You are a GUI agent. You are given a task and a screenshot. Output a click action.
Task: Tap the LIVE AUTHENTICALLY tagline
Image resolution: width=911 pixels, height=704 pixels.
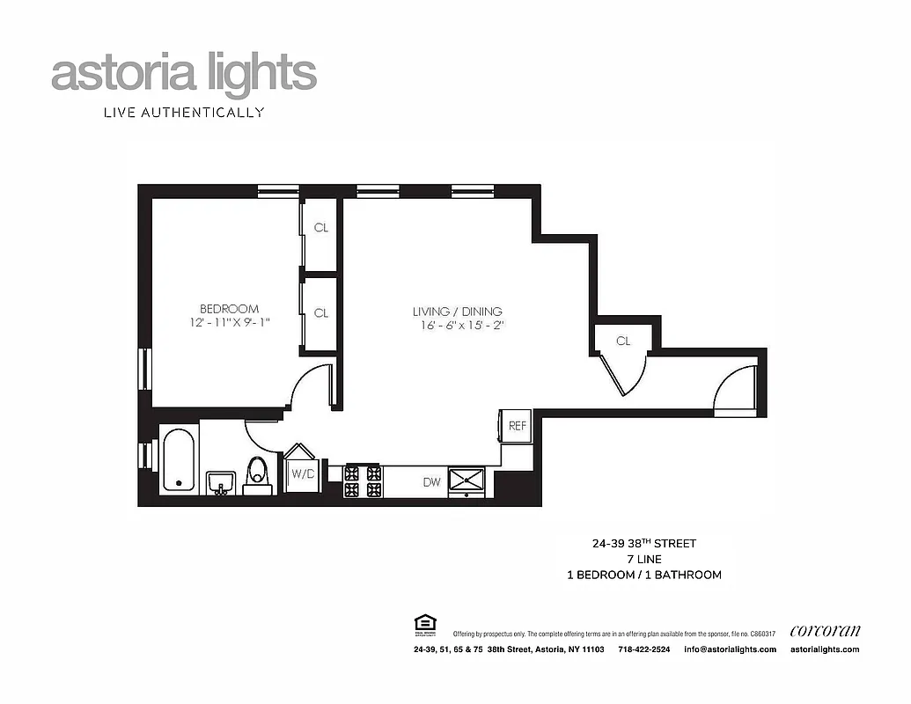184,113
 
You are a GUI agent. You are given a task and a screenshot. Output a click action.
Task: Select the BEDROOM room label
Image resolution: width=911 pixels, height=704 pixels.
229,309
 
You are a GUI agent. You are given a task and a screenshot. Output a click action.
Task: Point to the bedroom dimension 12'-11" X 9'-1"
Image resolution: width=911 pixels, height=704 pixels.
229,323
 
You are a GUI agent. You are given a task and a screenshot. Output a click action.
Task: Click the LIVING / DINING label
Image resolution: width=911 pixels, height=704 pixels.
457,312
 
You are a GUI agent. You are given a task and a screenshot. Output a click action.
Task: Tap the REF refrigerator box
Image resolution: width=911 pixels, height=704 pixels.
517,426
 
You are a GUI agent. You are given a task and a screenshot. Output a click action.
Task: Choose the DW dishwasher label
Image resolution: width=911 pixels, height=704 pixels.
431,482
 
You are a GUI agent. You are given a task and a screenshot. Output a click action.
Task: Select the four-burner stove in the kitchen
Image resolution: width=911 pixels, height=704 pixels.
362,480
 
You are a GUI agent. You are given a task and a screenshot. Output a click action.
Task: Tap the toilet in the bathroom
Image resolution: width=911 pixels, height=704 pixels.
258,473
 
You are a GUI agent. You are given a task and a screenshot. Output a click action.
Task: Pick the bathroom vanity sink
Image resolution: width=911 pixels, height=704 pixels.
220,482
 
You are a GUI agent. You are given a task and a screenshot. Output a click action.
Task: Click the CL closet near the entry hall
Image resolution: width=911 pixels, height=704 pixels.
623,341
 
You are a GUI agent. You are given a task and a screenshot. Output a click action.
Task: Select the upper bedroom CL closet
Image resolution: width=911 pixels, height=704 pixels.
320,228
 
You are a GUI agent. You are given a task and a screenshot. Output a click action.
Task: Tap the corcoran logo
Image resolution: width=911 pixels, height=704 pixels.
825,630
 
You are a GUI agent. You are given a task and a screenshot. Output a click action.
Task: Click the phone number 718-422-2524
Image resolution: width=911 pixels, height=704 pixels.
643,649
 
